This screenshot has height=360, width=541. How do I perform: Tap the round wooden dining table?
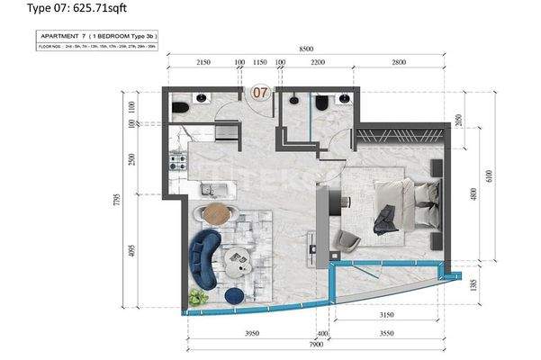click(216, 213)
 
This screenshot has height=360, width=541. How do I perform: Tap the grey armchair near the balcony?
click(347, 240)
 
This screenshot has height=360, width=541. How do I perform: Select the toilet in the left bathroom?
click(179, 108)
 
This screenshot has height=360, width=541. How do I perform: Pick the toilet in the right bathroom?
click(320, 105)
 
